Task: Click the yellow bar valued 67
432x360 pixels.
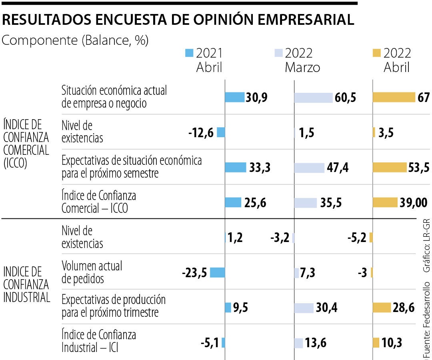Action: (394, 97)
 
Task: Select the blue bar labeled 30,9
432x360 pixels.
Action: (234, 97)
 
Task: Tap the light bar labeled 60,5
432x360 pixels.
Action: (313, 98)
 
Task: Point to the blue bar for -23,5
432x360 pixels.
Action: (217, 273)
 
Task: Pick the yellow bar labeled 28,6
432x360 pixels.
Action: (382, 308)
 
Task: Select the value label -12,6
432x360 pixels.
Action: (201, 132)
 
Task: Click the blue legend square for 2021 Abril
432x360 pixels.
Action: (190, 53)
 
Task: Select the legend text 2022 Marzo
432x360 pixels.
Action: (302, 60)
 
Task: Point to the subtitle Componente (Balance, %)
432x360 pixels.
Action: (75, 40)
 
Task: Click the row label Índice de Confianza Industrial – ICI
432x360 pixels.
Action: (98, 341)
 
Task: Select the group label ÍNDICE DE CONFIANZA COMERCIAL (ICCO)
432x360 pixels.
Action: (26, 144)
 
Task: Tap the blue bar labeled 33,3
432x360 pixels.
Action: (235, 168)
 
